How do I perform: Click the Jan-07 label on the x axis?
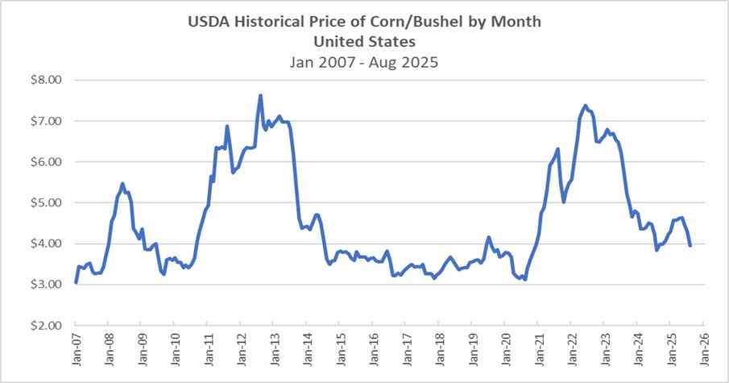75,348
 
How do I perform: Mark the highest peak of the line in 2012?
260,95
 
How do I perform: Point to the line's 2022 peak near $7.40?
586,106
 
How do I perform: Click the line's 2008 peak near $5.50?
122,184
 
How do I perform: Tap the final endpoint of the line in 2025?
690,245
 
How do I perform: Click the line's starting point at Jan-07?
76,282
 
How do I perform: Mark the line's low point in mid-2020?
524,279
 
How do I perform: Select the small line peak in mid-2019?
488,238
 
